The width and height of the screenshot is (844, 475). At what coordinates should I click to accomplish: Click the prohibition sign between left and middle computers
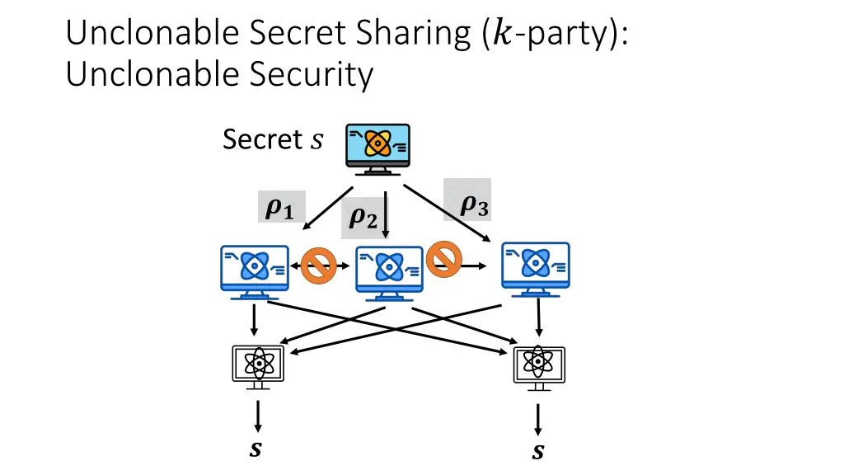(x=318, y=266)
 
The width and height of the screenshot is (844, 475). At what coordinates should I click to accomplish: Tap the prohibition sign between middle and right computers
(x=443, y=258)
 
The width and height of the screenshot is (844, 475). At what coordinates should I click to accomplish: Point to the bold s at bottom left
(x=257, y=450)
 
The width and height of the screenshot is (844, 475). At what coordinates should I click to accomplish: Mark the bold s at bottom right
(x=538, y=452)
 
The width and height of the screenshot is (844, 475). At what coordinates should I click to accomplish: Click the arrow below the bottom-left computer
(x=258, y=416)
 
